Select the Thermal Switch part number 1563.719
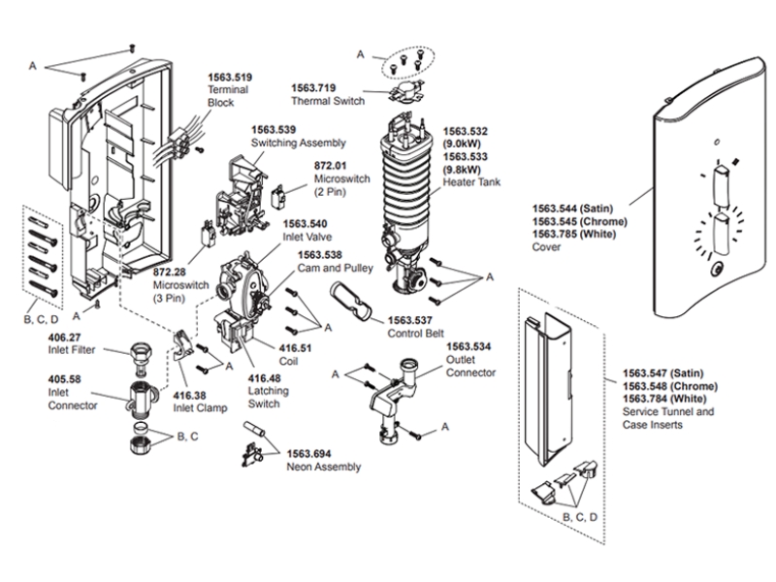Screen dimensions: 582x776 (314, 86)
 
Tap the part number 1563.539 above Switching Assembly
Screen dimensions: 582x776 (274, 129)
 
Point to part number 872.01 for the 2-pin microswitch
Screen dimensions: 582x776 (331, 166)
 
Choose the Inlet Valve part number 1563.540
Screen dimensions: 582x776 (275, 224)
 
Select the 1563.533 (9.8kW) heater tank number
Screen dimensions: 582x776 (466, 155)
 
